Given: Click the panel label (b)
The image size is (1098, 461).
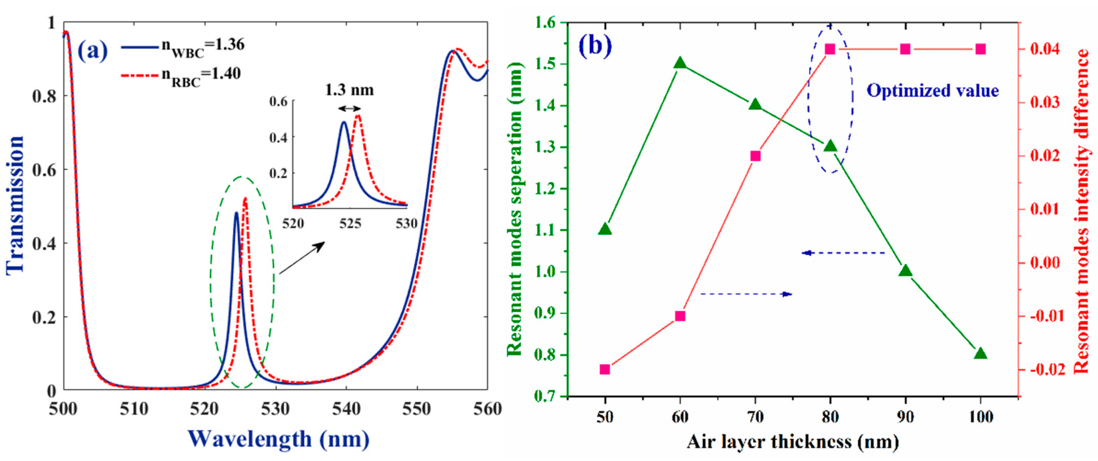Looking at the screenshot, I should (595, 46).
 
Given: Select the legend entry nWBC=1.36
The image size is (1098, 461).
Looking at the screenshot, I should (183, 46).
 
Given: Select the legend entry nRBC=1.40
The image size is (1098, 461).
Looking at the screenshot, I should (182, 75).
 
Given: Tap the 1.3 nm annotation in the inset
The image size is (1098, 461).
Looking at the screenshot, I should (349, 90).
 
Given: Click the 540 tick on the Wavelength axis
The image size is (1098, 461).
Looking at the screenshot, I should (346, 409).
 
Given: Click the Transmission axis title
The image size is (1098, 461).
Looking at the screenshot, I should (15, 204).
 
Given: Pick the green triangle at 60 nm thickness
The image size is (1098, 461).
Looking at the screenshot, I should (680, 63).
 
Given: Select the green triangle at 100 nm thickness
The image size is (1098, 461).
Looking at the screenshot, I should (980, 354).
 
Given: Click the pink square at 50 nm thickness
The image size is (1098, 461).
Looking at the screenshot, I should (605, 369).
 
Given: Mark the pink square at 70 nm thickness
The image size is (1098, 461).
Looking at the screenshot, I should (755, 156).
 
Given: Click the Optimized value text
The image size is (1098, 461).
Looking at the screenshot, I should (933, 91).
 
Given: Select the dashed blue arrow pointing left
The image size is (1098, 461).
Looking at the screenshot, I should (844, 253).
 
